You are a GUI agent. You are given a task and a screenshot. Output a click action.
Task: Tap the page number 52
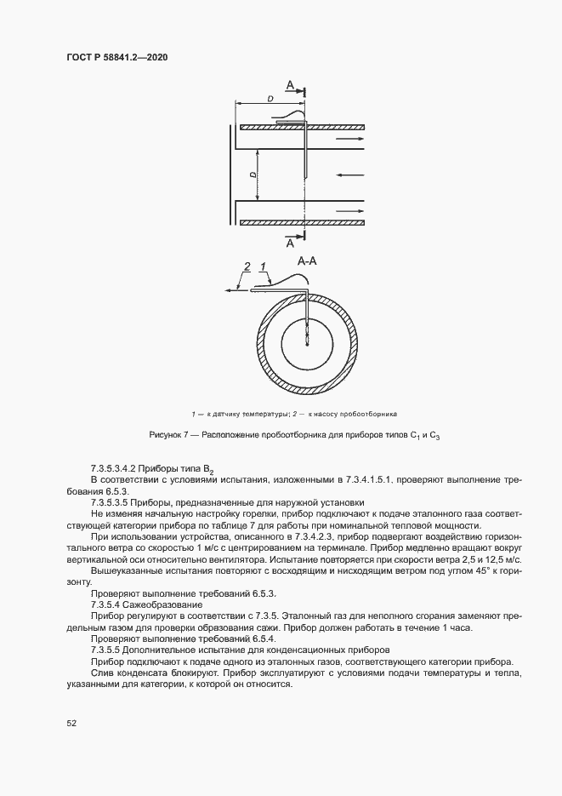(71, 723)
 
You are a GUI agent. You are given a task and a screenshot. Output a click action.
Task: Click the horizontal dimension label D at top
(270, 100)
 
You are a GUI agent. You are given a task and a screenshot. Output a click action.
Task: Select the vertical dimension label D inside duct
(253, 175)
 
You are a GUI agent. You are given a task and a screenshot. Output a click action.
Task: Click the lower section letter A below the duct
(291, 243)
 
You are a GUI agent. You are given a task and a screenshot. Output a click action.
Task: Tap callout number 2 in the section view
(247, 267)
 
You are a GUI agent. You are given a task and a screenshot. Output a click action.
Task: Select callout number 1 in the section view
(264, 267)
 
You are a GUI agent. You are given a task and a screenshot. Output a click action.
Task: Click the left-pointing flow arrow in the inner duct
(349, 175)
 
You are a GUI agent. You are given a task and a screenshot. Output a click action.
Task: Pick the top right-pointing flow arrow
(349, 138)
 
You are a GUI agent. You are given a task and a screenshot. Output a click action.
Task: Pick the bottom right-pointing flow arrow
(349, 211)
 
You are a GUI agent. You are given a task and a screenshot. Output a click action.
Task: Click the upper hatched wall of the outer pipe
(302, 128)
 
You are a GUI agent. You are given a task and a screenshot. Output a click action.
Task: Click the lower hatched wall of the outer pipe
(302, 223)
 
